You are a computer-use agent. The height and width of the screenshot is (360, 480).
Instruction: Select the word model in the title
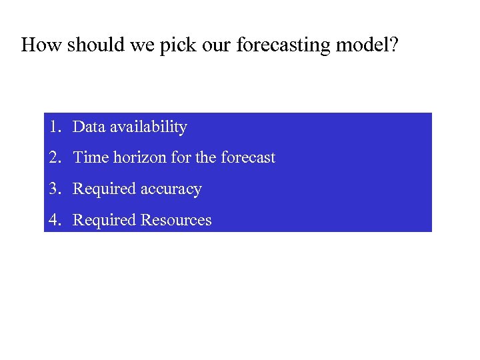pos(363,45)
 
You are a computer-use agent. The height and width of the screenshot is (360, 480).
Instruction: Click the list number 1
pos(53,127)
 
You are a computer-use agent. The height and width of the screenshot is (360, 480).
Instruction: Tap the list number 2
pos(53,158)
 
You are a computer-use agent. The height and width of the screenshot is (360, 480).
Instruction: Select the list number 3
pos(53,189)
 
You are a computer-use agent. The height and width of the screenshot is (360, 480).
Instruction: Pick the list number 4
pos(53,220)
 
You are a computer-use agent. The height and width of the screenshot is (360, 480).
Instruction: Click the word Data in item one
pos(89,127)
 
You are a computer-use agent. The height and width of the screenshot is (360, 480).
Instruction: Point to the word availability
pos(148,127)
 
